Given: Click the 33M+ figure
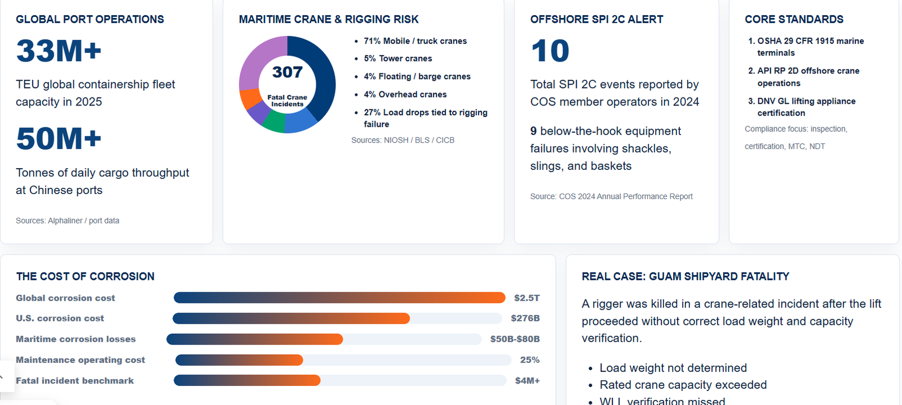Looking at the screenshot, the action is (59, 51).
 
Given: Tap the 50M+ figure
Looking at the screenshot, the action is (59, 139).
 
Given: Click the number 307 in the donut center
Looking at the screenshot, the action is (287, 72).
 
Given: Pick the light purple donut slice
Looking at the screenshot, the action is (258, 60).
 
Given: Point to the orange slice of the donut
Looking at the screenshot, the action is (249, 98).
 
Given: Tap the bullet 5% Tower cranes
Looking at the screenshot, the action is (398, 59).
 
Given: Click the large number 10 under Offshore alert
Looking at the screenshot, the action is (550, 51).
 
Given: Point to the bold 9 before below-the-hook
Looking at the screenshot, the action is (533, 131).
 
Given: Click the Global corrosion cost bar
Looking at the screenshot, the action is (339, 298).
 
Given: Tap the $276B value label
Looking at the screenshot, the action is (525, 318).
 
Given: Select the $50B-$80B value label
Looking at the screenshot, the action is (515, 339).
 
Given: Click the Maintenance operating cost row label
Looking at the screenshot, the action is (80, 360).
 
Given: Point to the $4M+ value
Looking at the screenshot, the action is (527, 380).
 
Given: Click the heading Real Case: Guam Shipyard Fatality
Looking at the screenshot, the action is (686, 276).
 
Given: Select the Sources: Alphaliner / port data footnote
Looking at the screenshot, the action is (67, 221).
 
